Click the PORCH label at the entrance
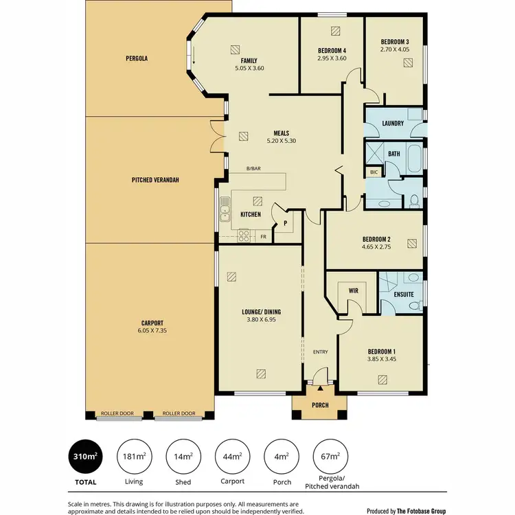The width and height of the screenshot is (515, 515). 319,405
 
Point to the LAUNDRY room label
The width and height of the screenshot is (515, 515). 392,124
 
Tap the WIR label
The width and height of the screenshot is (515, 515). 354,291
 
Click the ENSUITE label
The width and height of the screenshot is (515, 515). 404,294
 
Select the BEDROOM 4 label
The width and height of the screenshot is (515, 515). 332,51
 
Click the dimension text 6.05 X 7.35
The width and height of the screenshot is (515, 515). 151,331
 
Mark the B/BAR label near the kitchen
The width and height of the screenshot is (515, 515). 254,169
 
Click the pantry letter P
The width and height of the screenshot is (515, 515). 284,223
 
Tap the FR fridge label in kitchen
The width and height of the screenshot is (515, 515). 263,237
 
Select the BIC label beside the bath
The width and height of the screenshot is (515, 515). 374,172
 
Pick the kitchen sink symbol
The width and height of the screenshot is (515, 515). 225,213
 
